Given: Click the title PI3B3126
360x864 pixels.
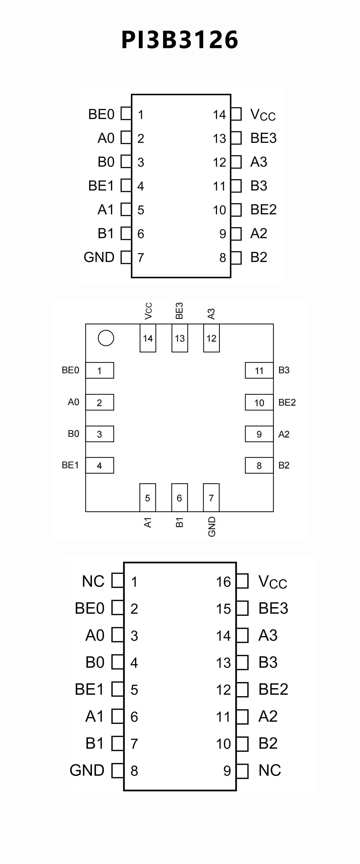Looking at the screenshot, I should tap(180, 40).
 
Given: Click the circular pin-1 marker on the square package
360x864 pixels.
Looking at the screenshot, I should tap(106, 338).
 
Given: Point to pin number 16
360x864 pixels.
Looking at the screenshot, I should tap(223, 582).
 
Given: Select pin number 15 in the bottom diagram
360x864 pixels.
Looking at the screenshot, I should tap(223, 609).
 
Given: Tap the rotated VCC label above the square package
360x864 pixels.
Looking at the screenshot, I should tap(148, 311).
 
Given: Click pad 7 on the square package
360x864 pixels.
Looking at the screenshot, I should tap(211, 498).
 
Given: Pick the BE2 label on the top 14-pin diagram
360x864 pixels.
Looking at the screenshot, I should tap(263, 210).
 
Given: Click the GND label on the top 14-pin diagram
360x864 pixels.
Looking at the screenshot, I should tap(99, 257).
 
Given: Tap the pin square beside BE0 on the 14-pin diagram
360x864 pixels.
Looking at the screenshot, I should tap(126, 113).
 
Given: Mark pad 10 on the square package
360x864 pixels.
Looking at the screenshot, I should tap(259, 403).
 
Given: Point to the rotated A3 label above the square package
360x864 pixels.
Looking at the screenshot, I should tap(211, 314).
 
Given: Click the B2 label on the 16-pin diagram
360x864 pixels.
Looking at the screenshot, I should tap(268, 743).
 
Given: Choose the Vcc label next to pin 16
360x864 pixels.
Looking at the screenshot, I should tap(273, 582).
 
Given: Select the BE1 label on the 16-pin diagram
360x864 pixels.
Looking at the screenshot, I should tap(89, 689).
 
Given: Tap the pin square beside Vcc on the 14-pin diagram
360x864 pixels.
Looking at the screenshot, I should tap(236, 114).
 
